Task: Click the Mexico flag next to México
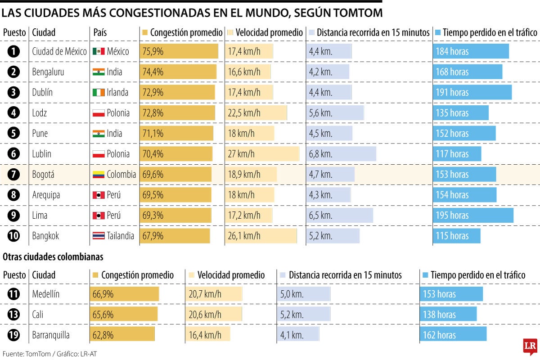pyautogui.click(x=99, y=51)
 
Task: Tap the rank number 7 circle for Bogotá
pyautogui.click(x=14, y=175)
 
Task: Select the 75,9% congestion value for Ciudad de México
pyautogui.click(x=153, y=51)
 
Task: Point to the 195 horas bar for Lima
pyautogui.click(x=472, y=216)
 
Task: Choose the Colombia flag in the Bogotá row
pyautogui.click(x=99, y=175)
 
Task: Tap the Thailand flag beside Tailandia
pyautogui.click(x=99, y=236)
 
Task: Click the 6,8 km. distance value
pyautogui.click(x=320, y=154)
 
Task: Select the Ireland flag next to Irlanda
pyautogui.click(x=99, y=92)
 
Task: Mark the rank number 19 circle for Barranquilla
pyautogui.click(x=14, y=335)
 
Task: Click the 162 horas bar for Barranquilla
pyautogui.click(x=453, y=335)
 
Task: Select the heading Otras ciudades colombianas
pyautogui.click(x=53, y=257)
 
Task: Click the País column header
pyautogui.click(x=100, y=32)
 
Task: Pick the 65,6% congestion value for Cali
pyautogui.click(x=103, y=315)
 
